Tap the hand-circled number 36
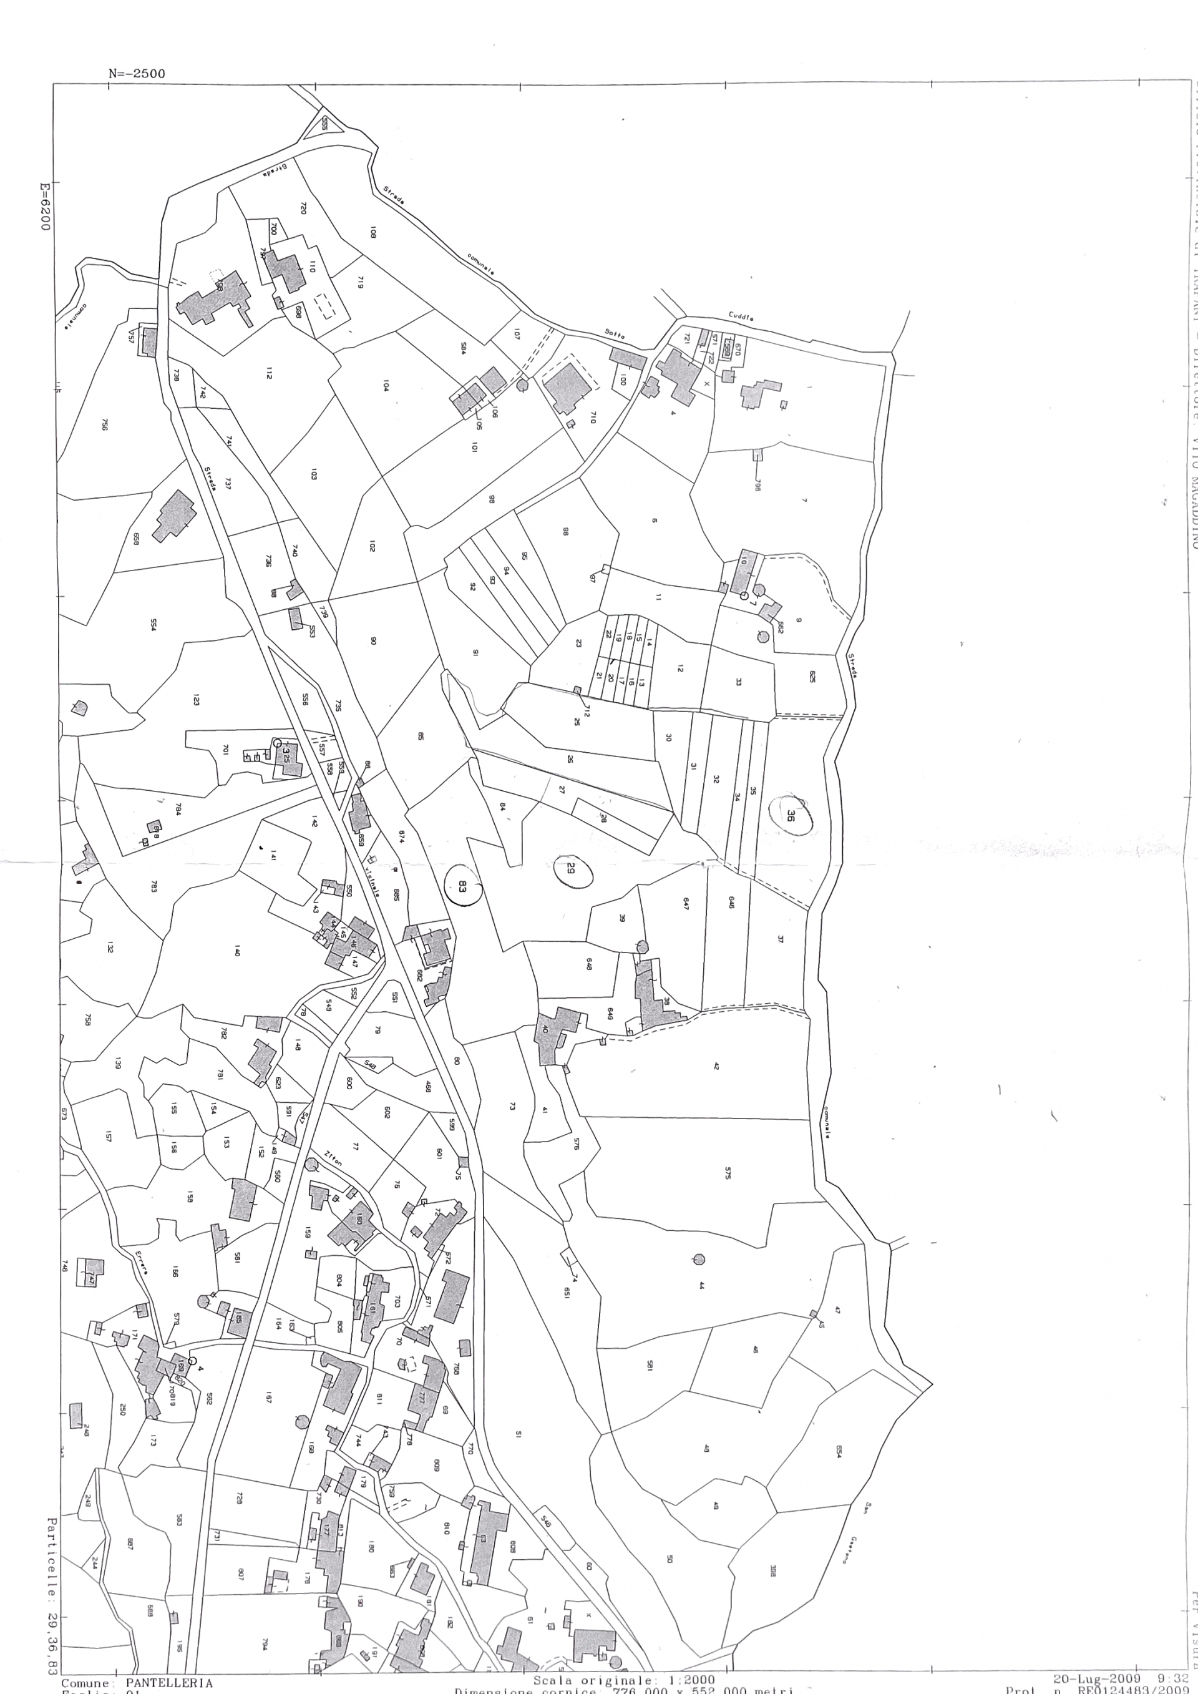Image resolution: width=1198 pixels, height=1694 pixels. (790, 815)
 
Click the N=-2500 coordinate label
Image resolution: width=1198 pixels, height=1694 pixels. (137, 74)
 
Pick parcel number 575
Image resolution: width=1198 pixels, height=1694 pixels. (728, 1173)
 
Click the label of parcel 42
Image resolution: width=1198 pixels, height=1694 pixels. (716, 1066)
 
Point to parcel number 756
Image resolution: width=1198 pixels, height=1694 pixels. (105, 425)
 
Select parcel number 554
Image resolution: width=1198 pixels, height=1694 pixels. (153, 624)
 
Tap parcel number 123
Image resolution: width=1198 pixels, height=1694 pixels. (196, 700)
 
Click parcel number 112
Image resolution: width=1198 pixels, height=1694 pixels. (270, 374)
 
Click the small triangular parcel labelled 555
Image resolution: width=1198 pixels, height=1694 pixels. (324, 123)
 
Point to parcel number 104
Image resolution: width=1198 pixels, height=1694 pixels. (386, 385)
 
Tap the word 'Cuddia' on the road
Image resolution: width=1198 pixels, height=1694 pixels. (741, 316)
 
